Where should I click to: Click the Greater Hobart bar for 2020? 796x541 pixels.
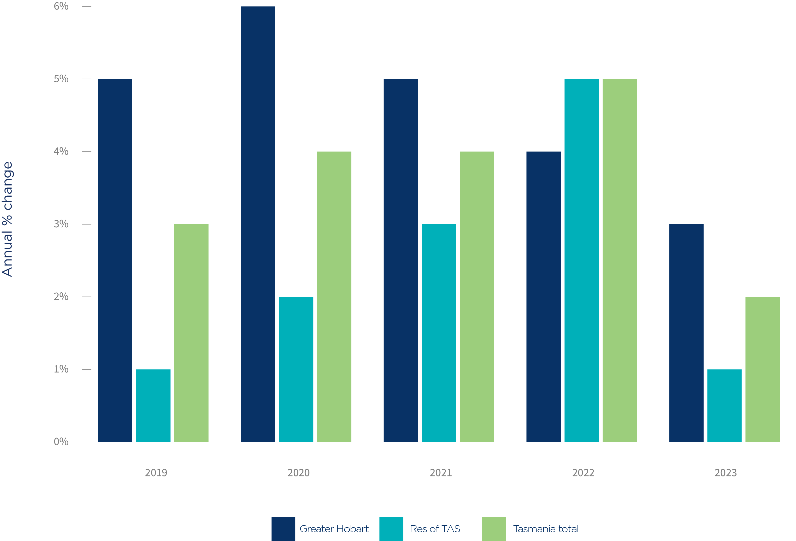258,224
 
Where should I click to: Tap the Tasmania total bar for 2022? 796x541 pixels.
620,260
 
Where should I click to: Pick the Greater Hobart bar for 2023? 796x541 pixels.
686,333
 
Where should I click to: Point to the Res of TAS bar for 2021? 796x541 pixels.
439,333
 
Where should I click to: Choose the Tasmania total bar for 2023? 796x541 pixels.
762,369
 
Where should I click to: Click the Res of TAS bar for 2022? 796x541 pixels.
581,260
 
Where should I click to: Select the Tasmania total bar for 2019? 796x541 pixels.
191,333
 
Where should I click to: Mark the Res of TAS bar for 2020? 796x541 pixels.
296,369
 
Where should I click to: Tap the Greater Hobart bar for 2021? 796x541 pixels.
401,260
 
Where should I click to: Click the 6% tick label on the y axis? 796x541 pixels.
61,6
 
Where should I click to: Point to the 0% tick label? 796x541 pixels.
61,442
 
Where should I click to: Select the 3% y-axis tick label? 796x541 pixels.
61,224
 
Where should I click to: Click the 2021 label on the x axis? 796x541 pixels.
441,473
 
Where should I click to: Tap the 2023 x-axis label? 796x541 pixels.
725,473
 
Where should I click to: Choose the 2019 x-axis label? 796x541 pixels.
156,473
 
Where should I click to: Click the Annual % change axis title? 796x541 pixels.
8,219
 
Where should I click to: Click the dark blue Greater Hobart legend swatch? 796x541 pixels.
283,529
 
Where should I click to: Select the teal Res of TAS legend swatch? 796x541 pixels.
391,529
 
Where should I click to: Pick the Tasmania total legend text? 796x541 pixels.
546,529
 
